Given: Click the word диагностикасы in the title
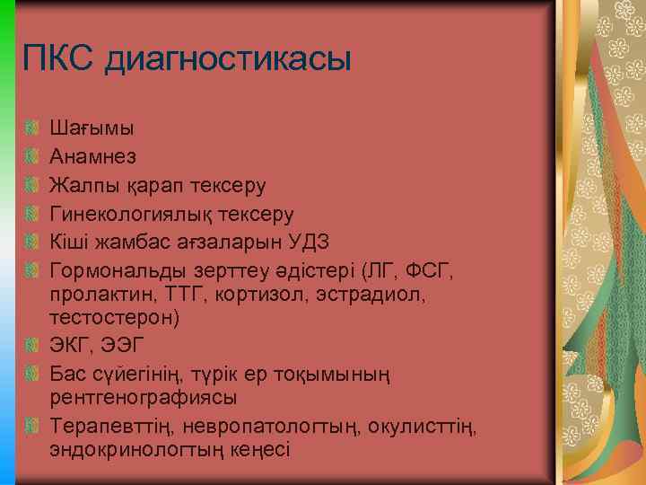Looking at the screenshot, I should pos(228,61).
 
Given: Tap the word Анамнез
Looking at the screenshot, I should pos(93,156).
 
